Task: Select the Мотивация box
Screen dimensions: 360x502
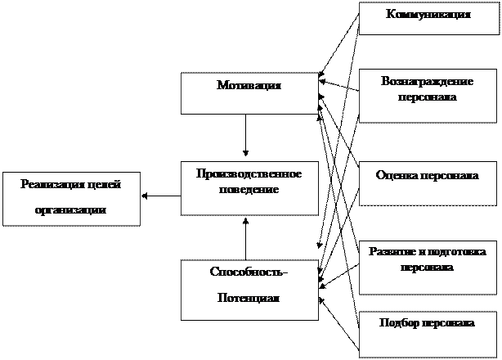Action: coord(249,93)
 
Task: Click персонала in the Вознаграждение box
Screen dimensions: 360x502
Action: coord(428,97)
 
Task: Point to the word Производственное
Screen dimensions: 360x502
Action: coord(249,174)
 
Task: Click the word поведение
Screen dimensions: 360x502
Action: coord(249,189)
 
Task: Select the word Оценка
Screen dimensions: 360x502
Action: coord(397,176)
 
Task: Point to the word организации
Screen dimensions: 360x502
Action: coord(71,209)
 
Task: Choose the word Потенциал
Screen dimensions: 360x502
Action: coord(249,298)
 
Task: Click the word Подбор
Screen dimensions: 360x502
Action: coord(398,322)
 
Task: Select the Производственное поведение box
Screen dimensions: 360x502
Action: coord(249,187)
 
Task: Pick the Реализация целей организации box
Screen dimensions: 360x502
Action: coord(71,197)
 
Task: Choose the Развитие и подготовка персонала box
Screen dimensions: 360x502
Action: coord(428,266)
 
